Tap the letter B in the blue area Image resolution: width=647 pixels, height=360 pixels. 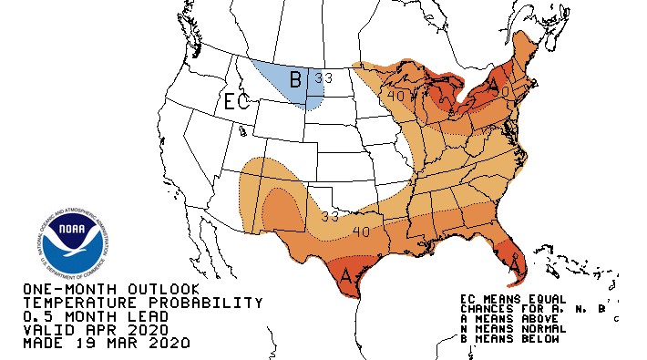coord(295,80)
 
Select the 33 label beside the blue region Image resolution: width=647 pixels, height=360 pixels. coord(323,78)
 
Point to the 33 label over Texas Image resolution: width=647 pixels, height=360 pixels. coord(329,217)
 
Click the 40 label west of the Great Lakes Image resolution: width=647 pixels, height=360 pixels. coord(395,95)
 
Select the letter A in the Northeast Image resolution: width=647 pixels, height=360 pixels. coord(493,87)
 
